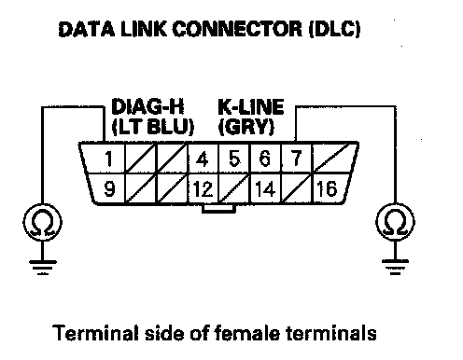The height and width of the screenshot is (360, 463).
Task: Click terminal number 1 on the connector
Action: tap(108, 159)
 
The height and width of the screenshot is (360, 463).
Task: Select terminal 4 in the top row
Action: tap(203, 159)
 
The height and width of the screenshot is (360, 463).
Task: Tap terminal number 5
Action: tap(234, 159)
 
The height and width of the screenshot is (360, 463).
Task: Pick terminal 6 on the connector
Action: tap(265, 159)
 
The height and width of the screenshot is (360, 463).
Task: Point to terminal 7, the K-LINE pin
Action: tap(297, 158)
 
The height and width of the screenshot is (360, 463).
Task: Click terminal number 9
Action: tap(109, 188)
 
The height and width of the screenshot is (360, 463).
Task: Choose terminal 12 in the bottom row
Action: tap(203, 188)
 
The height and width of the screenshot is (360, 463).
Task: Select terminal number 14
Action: tap(265, 188)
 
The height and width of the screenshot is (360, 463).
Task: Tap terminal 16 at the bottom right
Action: tap(327, 188)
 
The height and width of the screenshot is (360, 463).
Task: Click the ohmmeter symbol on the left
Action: tap(42, 222)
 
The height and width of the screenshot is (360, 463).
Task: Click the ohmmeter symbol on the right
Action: tap(395, 222)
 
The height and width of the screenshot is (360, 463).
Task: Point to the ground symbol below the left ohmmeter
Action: tap(43, 268)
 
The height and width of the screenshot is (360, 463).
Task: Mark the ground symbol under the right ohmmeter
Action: tap(395, 267)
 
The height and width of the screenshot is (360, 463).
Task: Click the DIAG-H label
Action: tap(147, 106)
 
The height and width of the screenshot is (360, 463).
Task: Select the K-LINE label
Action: tap(250, 106)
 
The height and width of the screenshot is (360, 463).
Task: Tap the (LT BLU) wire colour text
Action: tap(152, 127)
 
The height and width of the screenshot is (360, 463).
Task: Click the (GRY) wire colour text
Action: tap(246, 127)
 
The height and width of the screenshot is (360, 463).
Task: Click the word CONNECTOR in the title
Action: tap(237, 29)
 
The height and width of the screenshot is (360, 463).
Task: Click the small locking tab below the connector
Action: tap(218, 209)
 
